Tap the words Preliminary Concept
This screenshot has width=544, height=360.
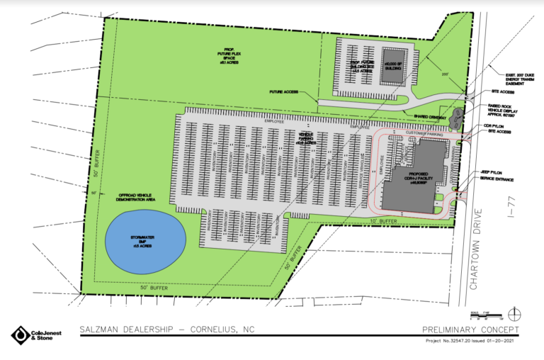470,330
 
